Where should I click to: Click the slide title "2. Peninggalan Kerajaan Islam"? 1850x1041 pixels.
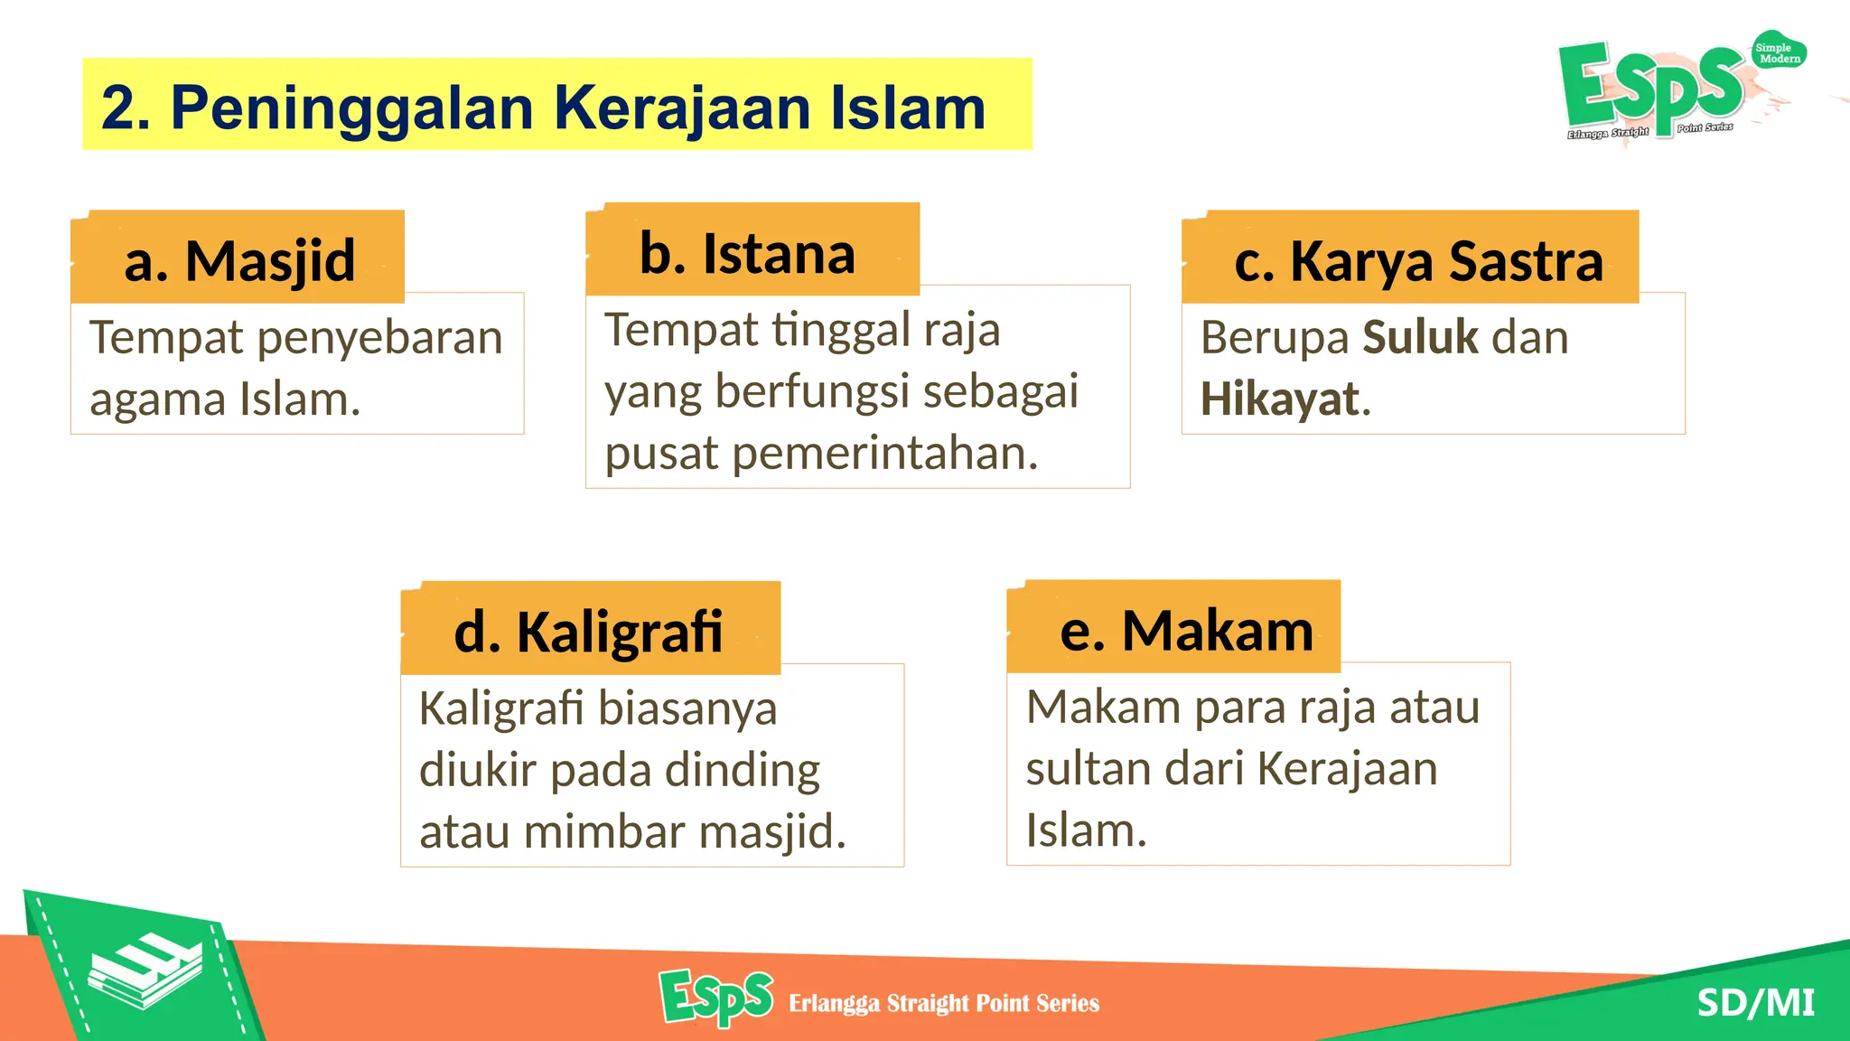(x=543, y=107)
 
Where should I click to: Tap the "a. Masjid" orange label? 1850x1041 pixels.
(x=239, y=260)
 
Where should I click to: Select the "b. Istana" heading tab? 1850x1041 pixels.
(x=747, y=253)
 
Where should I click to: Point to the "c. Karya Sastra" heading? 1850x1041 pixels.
(x=1418, y=261)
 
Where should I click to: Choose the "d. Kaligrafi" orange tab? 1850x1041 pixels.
(x=588, y=631)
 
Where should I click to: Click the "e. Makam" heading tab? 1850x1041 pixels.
(x=1186, y=629)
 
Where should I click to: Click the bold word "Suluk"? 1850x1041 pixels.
(x=1420, y=337)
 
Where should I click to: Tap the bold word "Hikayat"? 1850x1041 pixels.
(x=1280, y=399)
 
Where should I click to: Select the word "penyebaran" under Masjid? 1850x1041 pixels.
(x=379, y=339)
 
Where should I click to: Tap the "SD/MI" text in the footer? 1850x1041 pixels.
(x=1755, y=1002)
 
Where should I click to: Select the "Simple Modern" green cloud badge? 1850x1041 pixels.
(x=1778, y=52)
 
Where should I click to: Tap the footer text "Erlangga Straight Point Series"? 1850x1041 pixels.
(x=944, y=1003)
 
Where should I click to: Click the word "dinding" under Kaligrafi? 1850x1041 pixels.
(x=742, y=771)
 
